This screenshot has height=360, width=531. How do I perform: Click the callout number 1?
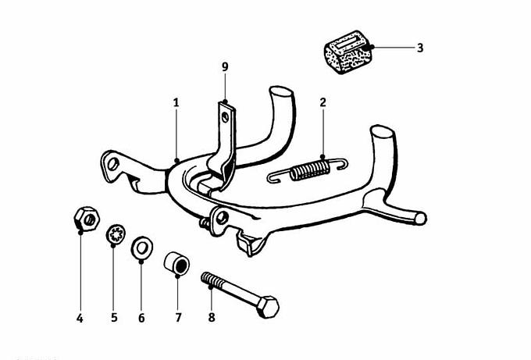(176, 102)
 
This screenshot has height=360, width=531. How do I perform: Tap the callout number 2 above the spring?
(323, 102)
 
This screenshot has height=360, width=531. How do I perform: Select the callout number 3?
(420, 48)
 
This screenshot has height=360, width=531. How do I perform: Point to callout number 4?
(80, 319)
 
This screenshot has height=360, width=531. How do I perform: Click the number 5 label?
(114, 318)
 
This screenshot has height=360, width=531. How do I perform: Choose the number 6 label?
(141, 318)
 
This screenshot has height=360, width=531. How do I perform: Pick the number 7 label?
(179, 318)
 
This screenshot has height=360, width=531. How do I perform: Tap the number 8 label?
(212, 318)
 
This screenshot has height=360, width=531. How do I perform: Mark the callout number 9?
(225, 67)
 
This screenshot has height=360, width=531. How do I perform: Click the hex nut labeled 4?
(87, 219)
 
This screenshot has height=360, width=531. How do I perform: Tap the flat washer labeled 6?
(142, 248)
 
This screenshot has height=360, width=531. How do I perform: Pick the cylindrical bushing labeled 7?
(176, 262)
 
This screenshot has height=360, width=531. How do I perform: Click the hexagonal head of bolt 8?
(268, 307)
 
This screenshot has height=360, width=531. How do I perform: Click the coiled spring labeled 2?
(309, 170)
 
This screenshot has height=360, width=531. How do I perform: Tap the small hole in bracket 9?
(226, 117)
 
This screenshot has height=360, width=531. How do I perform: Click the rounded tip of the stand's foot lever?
(420, 219)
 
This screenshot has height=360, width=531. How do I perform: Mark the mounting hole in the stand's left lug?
(113, 164)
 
